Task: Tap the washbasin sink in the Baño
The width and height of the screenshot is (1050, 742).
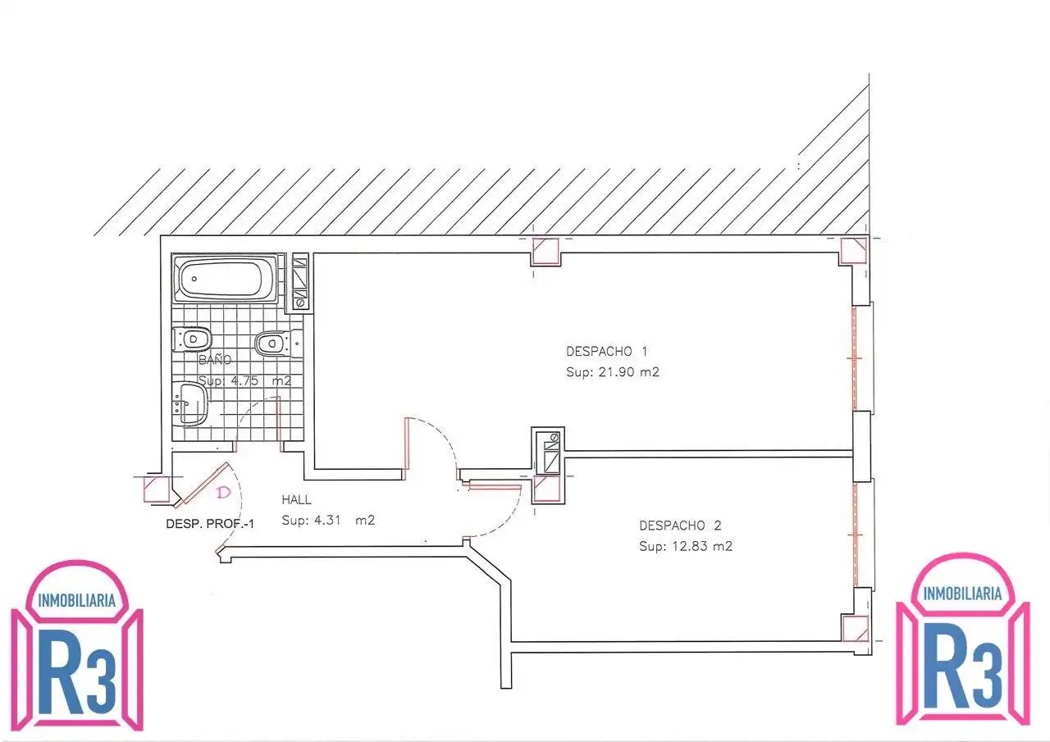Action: pyautogui.click(x=190, y=403)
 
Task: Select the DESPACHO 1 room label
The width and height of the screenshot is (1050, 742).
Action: pyautogui.click(x=606, y=352)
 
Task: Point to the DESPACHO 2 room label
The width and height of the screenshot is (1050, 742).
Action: pyautogui.click(x=680, y=526)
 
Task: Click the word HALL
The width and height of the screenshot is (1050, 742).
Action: pyautogui.click(x=296, y=500)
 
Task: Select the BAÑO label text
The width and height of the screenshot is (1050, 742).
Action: pyautogui.click(x=215, y=360)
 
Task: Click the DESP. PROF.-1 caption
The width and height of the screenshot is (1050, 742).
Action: pyautogui.click(x=210, y=524)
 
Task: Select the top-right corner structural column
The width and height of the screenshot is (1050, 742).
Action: pyautogui.click(x=853, y=251)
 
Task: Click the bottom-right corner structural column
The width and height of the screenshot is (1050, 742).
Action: pyautogui.click(x=855, y=629)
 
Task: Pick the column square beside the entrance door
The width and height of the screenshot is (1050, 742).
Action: pyautogui.click(x=157, y=489)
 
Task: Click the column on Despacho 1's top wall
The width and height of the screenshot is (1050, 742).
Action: pyautogui.click(x=546, y=252)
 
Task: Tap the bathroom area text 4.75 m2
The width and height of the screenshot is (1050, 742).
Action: pyautogui.click(x=244, y=380)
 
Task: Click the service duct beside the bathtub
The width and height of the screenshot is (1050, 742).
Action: pyautogui.click(x=300, y=281)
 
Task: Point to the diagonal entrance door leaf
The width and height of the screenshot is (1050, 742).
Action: pyautogui.click(x=203, y=485)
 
